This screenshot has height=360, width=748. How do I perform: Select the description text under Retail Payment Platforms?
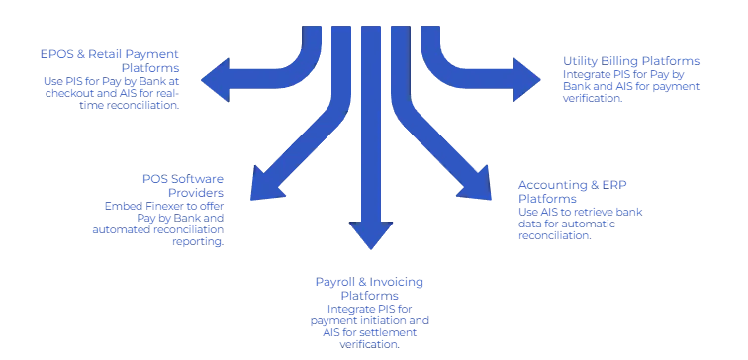coord(111,86)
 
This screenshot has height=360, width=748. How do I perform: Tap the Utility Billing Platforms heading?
coord(632,62)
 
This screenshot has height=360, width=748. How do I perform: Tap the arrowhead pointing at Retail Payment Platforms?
coord(214,80)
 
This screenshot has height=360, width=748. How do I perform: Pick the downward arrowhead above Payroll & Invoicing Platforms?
coord(368,234)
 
